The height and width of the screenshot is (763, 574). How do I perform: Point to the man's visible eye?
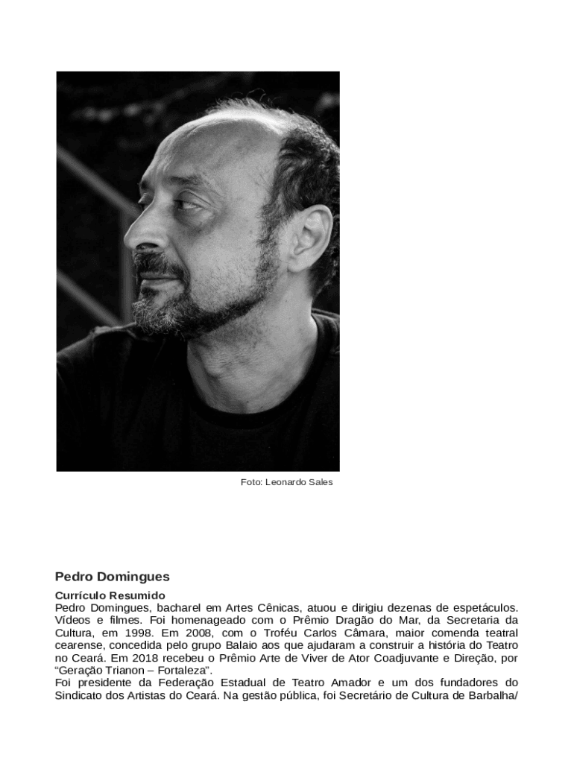(x=186, y=203)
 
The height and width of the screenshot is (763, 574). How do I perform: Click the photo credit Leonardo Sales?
(x=286, y=482)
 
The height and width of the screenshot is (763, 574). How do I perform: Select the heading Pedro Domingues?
(x=113, y=577)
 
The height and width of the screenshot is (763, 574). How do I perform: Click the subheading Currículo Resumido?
(x=110, y=596)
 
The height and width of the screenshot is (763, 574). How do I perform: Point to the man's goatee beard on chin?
(x=160, y=302)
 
